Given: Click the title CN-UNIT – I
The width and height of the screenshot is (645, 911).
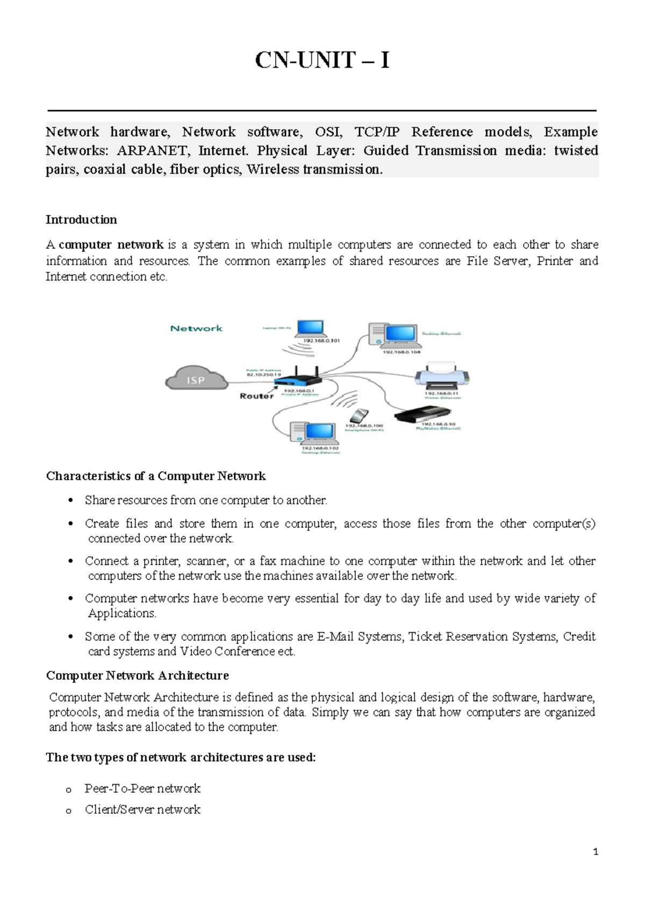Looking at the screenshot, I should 322,61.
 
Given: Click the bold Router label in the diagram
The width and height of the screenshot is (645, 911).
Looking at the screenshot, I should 256,396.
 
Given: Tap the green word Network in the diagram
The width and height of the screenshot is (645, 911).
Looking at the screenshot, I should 196,328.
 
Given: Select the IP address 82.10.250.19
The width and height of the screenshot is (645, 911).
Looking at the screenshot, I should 260,375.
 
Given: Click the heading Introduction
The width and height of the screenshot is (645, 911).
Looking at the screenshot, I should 81,220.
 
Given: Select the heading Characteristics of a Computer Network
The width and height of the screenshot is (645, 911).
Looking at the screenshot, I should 156,476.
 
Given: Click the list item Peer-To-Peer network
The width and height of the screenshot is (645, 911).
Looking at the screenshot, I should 142,789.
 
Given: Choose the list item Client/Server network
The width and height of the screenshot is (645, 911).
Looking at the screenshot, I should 142,809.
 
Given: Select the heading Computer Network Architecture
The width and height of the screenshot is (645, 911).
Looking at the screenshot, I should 138,675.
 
